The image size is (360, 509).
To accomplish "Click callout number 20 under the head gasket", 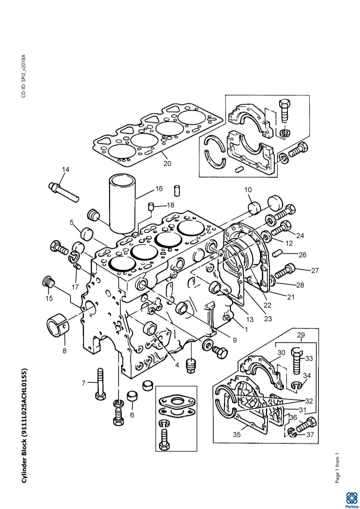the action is click(x=167, y=163).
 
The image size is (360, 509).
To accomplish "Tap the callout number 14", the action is click(x=66, y=170).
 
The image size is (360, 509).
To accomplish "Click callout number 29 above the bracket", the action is click(x=301, y=335).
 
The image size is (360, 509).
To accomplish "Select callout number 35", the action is click(x=237, y=434).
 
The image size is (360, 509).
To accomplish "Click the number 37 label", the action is click(x=310, y=434).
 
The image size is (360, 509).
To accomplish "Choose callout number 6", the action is click(x=132, y=415).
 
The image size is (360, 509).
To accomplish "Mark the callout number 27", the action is click(x=315, y=270).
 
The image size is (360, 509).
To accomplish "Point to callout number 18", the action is click(x=170, y=205).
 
